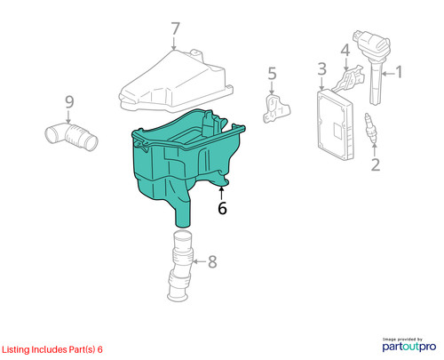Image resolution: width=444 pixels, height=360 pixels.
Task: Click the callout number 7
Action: (x=175, y=28)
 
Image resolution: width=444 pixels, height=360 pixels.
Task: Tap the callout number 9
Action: (x=69, y=102)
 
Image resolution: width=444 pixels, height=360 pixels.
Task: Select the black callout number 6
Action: (x=222, y=208)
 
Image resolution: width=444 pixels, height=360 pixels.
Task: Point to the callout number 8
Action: (x=212, y=261)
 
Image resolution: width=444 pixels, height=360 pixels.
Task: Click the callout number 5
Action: (x=272, y=74)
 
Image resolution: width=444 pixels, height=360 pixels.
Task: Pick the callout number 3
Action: (x=322, y=68)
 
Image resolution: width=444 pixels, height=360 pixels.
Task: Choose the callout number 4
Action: (x=345, y=51)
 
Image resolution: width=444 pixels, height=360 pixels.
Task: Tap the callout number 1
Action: (x=399, y=72)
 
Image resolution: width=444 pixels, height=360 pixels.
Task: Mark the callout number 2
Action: (x=376, y=164)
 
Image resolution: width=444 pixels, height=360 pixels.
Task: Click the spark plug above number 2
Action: (x=370, y=128)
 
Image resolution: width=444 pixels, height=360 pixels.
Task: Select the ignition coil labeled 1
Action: (x=373, y=65)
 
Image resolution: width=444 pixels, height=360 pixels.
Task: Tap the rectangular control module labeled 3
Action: (x=335, y=124)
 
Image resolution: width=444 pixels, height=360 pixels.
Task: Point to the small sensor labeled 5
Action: (x=276, y=108)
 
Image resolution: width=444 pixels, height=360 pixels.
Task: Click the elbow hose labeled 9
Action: (x=71, y=136)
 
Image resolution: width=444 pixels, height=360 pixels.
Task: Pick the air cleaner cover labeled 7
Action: (x=175, y=82)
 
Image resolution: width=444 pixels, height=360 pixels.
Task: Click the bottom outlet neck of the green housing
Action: (x=184, y=216)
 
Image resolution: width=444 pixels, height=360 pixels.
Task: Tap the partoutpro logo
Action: (x=409, y=346)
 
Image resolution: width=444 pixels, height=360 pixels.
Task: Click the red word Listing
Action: (x=16, y=350)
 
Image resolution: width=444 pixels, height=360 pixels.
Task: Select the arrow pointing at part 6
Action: (x=221, y=193)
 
